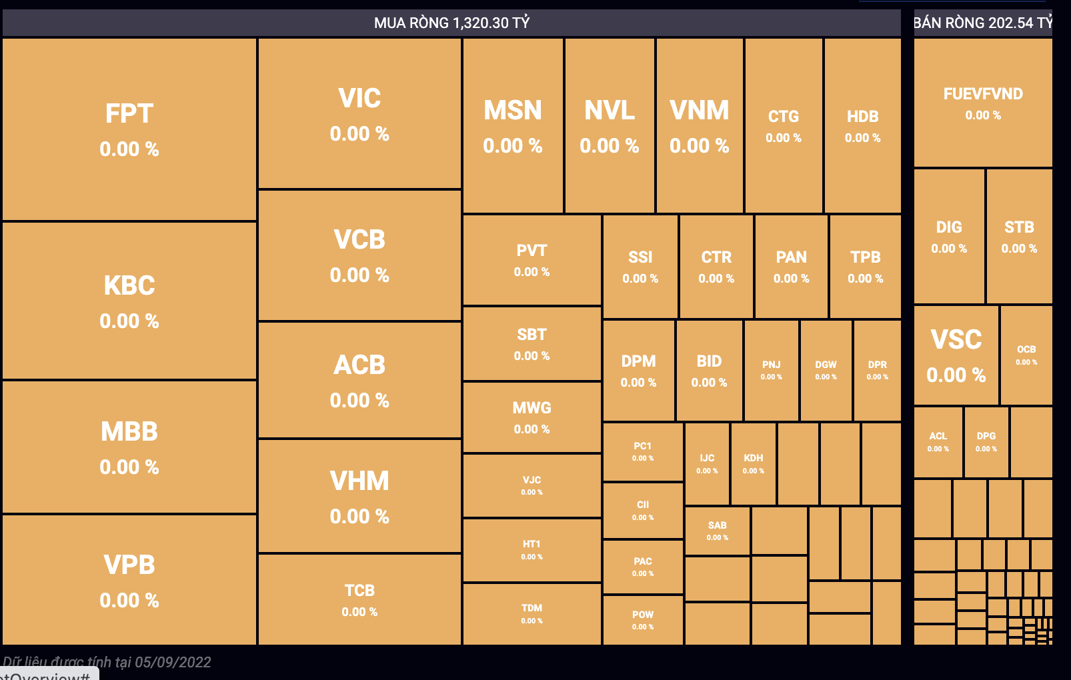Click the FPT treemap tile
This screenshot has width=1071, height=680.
point(129,129)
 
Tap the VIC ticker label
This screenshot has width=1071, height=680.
point(359,99)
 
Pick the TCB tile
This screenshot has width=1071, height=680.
point(359,599)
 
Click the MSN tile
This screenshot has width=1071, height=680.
point(513,126)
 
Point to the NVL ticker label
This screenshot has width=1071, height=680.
point(610,111)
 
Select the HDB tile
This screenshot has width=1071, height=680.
point(862,126)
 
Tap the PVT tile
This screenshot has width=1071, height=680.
point(531,260)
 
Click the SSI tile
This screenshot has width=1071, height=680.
point(640,267)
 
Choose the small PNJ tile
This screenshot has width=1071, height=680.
point(771,370)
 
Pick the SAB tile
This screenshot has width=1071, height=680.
point(717,531)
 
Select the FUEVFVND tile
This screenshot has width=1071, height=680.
point(983,103)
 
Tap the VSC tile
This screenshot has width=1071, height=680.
point(956,355)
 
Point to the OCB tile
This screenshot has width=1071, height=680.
point(1026,355)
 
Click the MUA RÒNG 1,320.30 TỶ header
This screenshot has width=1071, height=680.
point(451,23)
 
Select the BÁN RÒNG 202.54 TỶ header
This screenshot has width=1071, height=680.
point(982,23)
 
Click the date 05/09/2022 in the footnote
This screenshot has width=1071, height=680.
point(173,662)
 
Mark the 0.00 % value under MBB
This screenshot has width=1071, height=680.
point(129,467)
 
